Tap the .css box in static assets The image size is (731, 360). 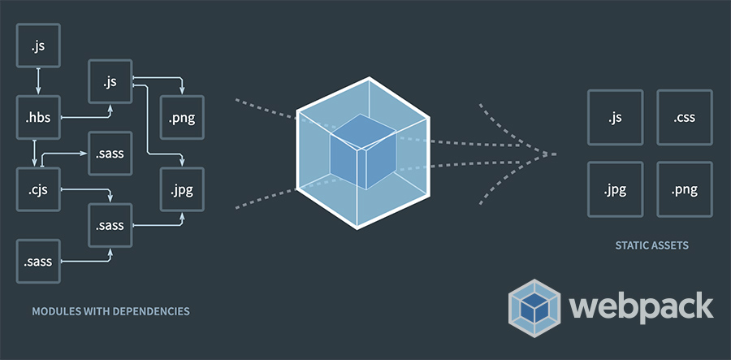coord(684,118)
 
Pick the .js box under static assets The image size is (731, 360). coord(615,118)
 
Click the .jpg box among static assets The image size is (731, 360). coord(615,190)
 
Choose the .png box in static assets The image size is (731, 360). coord(684,190)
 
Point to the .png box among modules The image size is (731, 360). coord(182,119)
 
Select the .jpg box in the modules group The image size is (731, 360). coord(182,189)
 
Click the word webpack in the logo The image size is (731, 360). coord(642,306)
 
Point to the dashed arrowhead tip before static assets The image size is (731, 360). coord(556,154)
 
